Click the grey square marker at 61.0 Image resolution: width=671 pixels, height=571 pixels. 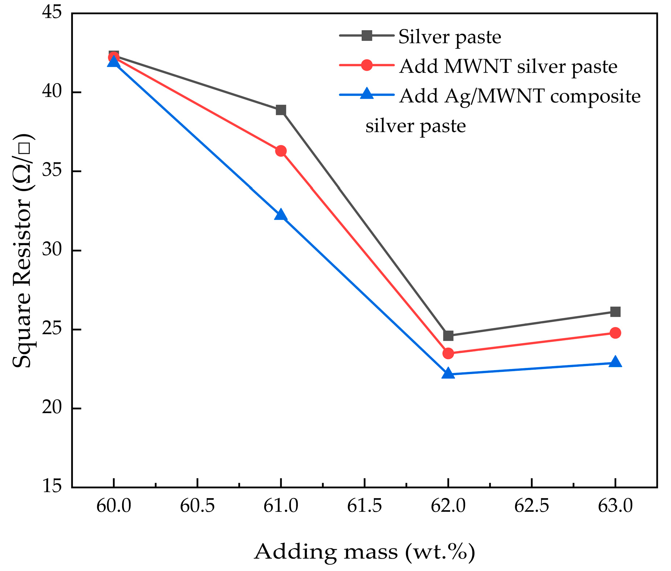(x=281, y=110)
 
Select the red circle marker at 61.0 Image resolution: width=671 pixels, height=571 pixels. (x=281, y=151)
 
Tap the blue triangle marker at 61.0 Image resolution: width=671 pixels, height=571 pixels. (x=281, y=215)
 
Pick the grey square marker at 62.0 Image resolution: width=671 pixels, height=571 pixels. (x=448, y=335)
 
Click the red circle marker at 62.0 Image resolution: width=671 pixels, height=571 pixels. (x=448, y=353)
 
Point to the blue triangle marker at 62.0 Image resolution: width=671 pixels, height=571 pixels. (x=448, y=374)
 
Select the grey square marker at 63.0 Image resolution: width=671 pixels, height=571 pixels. (x=615, y=312)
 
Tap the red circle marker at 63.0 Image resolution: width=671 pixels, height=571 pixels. (x=615, y=333)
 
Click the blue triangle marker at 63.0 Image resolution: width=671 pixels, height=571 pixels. (x=615, y=362)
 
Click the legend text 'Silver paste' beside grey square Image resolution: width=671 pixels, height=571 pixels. (x=450, y=37)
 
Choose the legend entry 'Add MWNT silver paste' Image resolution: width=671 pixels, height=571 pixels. (x=508, y=66)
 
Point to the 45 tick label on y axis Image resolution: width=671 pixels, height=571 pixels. (x=52, y=13)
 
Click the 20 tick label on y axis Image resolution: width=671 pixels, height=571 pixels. (x=52, y=408)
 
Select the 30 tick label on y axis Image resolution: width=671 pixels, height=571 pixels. (x=52, y=250)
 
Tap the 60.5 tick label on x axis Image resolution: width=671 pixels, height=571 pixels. (x=197, y=506)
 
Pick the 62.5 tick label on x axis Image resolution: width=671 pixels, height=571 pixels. (x=531, y=506)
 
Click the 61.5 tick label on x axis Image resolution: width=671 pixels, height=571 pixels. (x=364, y=506)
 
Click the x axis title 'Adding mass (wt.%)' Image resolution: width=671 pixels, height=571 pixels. (x=364, y=552)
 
